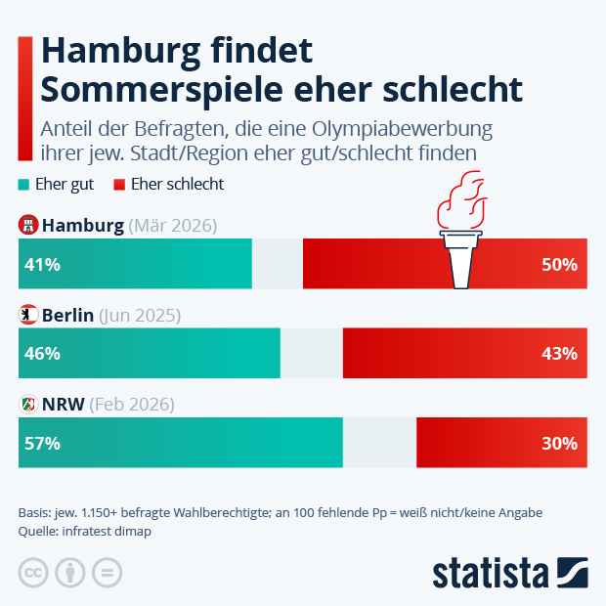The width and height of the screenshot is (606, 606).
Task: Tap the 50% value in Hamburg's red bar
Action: [559, 264]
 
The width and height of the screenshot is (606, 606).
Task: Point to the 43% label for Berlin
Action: [559, 353]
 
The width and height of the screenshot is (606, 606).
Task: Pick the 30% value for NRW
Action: [559, 443]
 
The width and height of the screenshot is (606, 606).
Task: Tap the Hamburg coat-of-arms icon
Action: [28, 226]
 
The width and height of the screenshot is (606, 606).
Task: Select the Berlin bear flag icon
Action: [28, 315]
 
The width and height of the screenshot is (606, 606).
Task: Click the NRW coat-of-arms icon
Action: [28, 404]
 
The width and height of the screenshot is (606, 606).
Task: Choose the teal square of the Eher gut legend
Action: [24, 184]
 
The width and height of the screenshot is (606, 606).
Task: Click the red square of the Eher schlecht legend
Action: [119, 184]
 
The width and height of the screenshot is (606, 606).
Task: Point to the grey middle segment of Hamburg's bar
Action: [278, 264]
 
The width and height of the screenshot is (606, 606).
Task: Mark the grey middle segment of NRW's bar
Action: [379, 443]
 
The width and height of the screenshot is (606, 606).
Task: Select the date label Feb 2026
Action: [131, 404]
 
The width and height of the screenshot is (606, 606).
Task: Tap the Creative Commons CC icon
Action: [34, 573]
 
